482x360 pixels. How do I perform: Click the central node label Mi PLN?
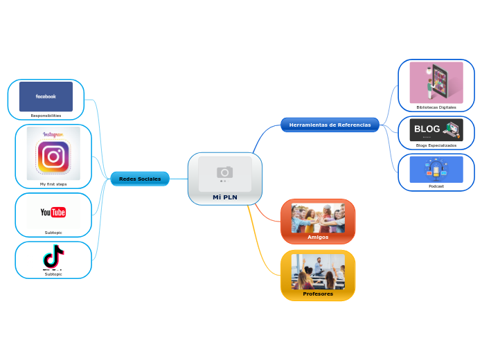(224, 197)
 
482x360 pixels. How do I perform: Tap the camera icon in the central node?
(224, 172)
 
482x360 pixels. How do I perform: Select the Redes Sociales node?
(140, 179)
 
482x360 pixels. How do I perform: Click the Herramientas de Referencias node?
(330, 125)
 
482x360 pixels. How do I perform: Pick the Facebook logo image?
(46, 97)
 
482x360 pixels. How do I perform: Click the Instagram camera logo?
(53, 156)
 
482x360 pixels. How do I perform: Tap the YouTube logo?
(53, 213)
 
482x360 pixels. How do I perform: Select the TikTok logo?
(53, 256)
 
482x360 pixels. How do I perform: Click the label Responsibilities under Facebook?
(46, 116)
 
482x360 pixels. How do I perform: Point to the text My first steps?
(53, 184)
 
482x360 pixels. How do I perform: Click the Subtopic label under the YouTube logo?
(53, 233)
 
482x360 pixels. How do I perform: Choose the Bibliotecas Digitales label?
(436, 108)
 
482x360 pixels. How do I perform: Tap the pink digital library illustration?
(436, 82)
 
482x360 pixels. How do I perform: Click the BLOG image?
(436, 129)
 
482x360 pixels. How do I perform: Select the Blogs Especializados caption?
(436, 145)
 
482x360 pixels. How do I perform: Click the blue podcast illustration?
(436, 170)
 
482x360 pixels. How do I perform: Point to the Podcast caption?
(436, 186)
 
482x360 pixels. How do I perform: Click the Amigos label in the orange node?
(318, 237)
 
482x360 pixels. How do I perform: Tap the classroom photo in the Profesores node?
(318, 271)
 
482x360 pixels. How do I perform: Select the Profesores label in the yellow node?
(318, 294)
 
